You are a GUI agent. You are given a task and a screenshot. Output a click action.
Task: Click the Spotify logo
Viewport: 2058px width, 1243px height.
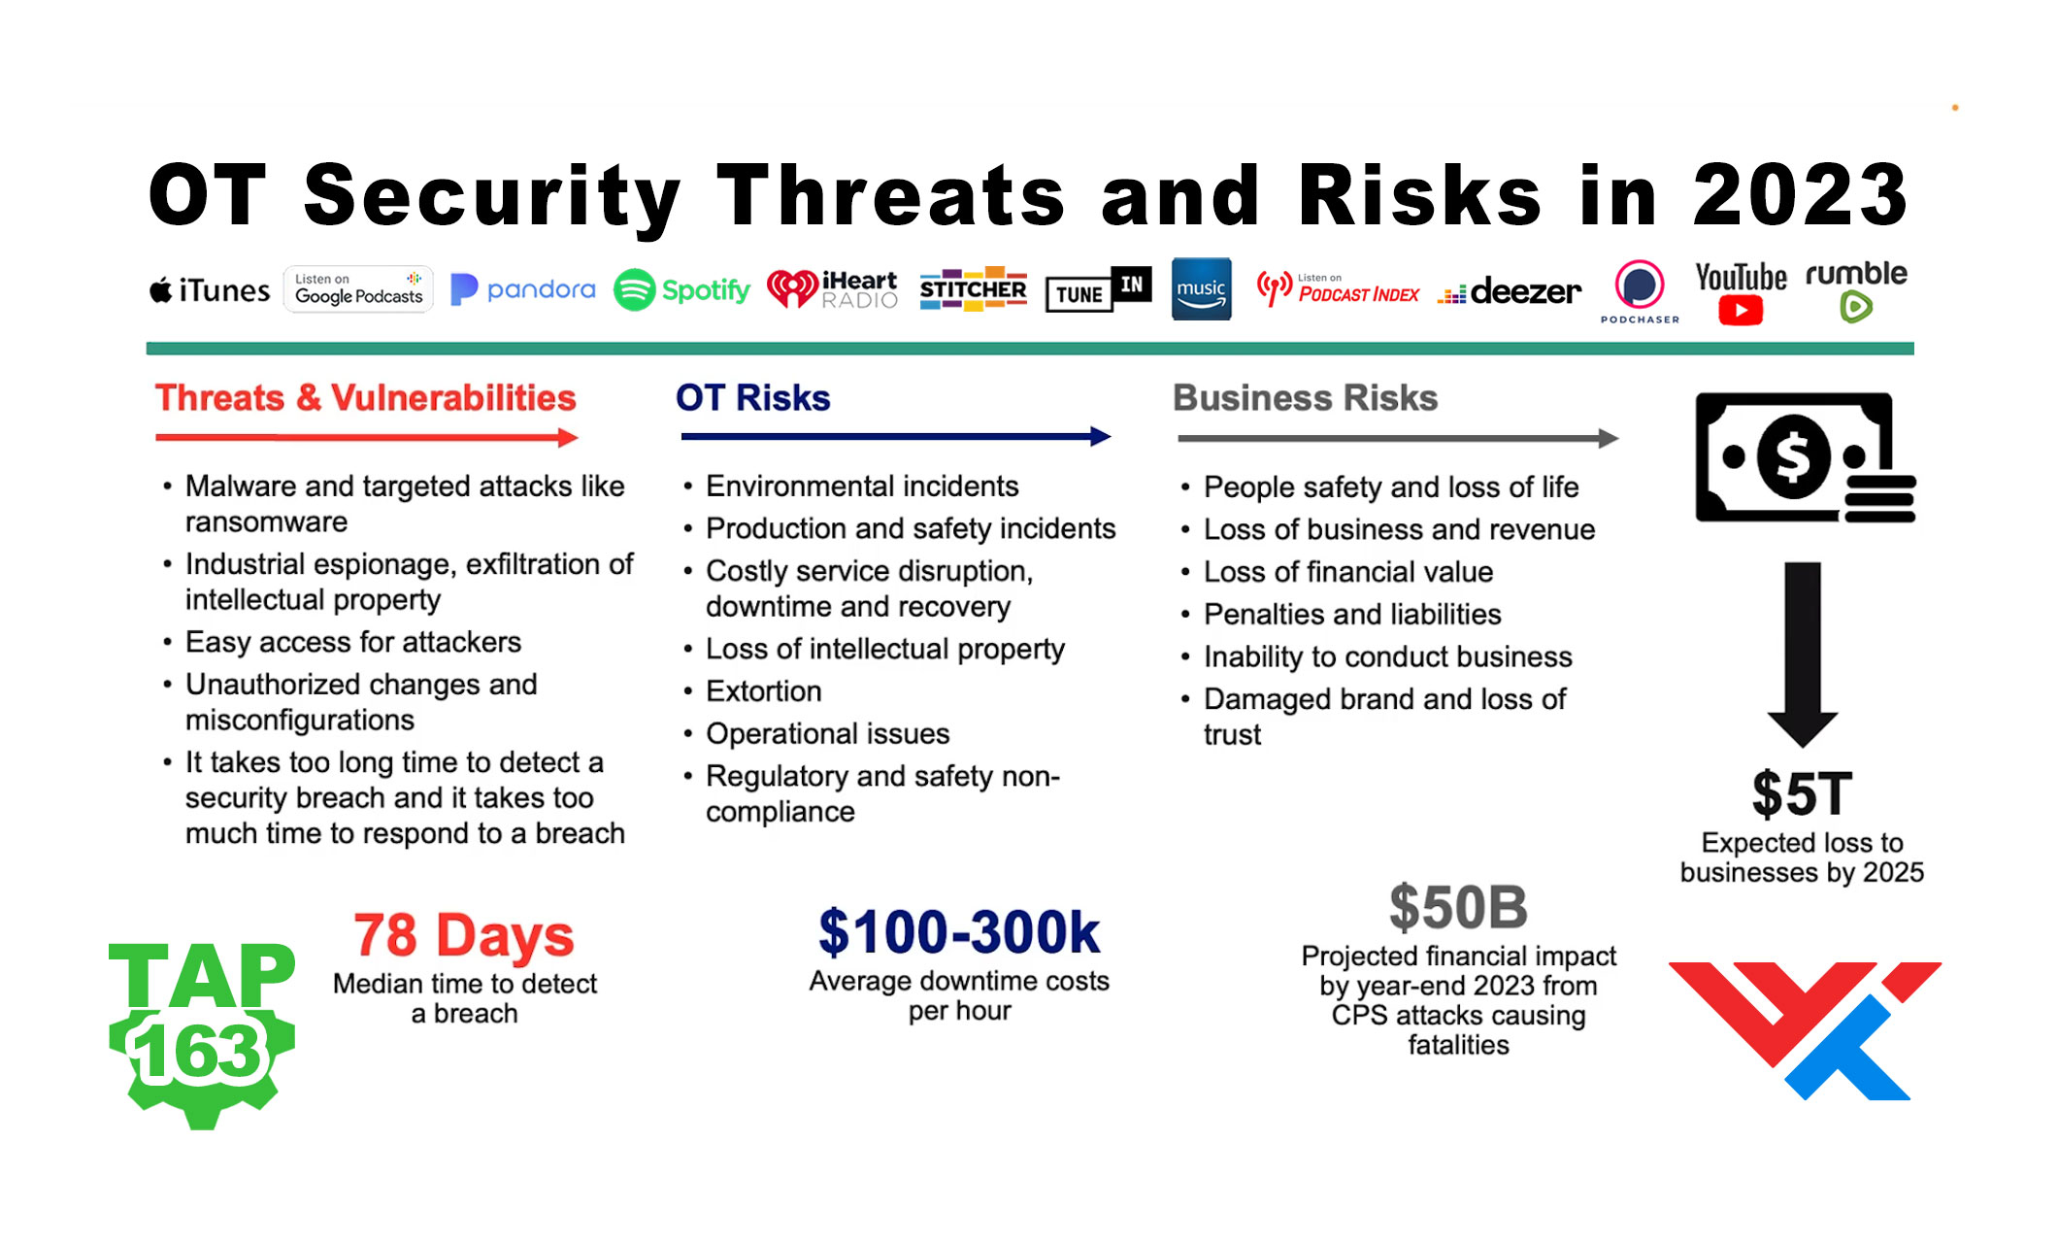(x=682, y=289)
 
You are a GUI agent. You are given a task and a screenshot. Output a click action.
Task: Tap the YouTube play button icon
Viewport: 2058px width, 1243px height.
(x=1740, y=311)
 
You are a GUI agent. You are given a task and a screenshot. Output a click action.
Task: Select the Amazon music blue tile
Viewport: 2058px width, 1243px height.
(x=1201, y=289)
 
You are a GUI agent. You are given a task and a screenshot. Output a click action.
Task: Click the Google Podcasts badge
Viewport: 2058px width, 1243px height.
(x=358, y=289)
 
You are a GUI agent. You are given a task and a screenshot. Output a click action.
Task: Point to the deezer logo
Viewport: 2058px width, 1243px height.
(x=1510, y=291)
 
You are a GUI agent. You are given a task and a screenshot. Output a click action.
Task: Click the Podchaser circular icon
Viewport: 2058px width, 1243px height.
(x=1639, y=286)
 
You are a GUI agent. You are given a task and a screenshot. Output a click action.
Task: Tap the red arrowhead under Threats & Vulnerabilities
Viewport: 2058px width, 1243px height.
(x=569, y=438)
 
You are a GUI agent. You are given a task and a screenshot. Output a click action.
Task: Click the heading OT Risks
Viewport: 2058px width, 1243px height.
(x=752, y=398)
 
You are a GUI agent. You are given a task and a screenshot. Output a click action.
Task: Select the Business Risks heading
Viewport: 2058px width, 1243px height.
(x=1304, y=398)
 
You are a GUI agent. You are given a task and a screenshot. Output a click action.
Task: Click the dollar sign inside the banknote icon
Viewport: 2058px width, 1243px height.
(x=1792, y=455)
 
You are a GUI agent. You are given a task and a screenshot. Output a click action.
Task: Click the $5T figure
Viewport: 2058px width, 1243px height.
(x=1802, y=794)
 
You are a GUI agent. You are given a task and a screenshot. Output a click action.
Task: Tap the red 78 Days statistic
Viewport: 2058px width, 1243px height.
(x=464, y=936)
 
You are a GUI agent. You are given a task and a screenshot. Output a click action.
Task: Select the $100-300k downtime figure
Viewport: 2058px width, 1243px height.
(x=959, y=933)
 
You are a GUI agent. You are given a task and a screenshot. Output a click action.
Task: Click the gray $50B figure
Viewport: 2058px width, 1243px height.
(x=1458, y=908)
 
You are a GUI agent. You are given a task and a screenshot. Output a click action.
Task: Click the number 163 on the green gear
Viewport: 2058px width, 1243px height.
(x=200, y=1053)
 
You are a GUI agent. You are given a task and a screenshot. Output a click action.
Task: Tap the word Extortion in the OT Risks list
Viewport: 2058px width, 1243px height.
(x=763, y=691)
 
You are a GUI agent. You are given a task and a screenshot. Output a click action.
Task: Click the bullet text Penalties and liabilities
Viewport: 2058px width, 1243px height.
(x=1351, y=615)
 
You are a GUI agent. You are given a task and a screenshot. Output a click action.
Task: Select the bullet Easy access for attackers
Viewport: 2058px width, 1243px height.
(x=353, y=642)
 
